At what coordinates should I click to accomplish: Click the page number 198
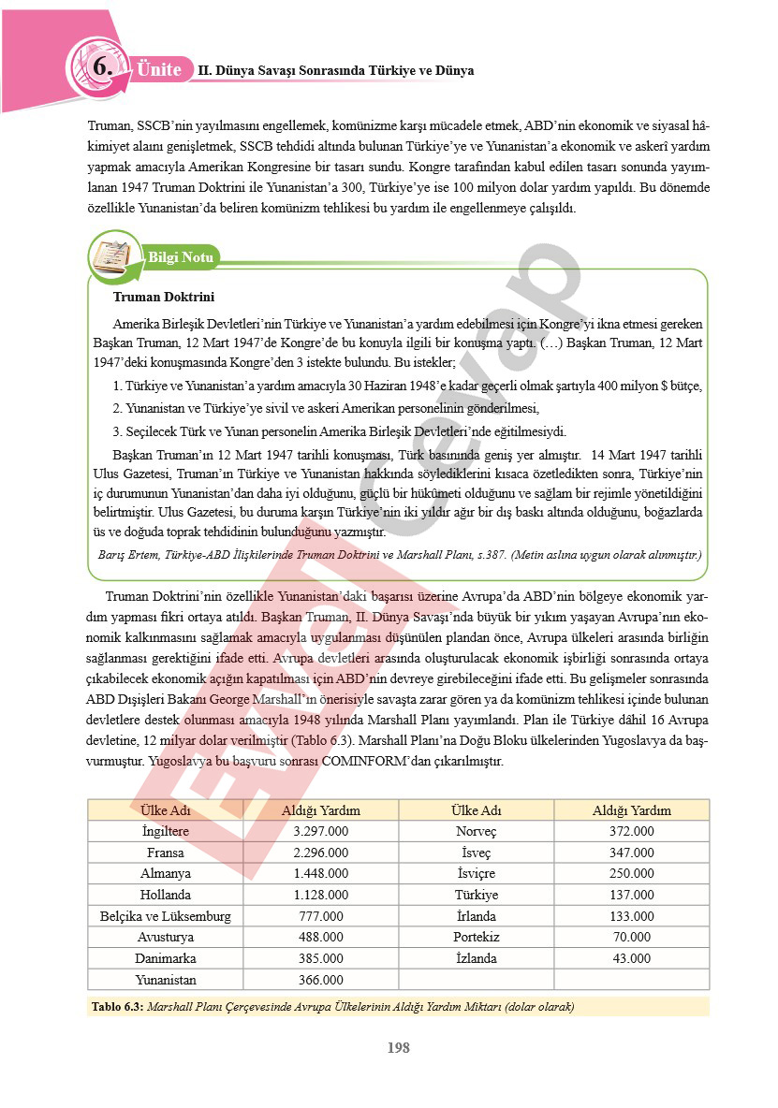(x=398, y=1047)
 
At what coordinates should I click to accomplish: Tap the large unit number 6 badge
(x=102, y=67)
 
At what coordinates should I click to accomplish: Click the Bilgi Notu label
(x=181, y=257)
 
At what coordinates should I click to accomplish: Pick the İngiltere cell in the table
(x=165, y=831)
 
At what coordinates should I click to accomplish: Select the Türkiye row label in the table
(x=476, y=895)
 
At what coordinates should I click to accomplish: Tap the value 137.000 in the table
(x=631, y=895)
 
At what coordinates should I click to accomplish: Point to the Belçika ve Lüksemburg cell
(x=165, y=916)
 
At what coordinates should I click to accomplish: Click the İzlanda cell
(x=476, y=958)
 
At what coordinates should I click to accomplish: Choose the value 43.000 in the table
(x=631, y=958)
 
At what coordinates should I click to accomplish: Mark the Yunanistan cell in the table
(x=165, y=980)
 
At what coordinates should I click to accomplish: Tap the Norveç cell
(x=476, y=831)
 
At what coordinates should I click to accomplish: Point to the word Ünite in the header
(x=158, y=69)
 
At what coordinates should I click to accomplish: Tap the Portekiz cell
(x=476, y=937)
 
